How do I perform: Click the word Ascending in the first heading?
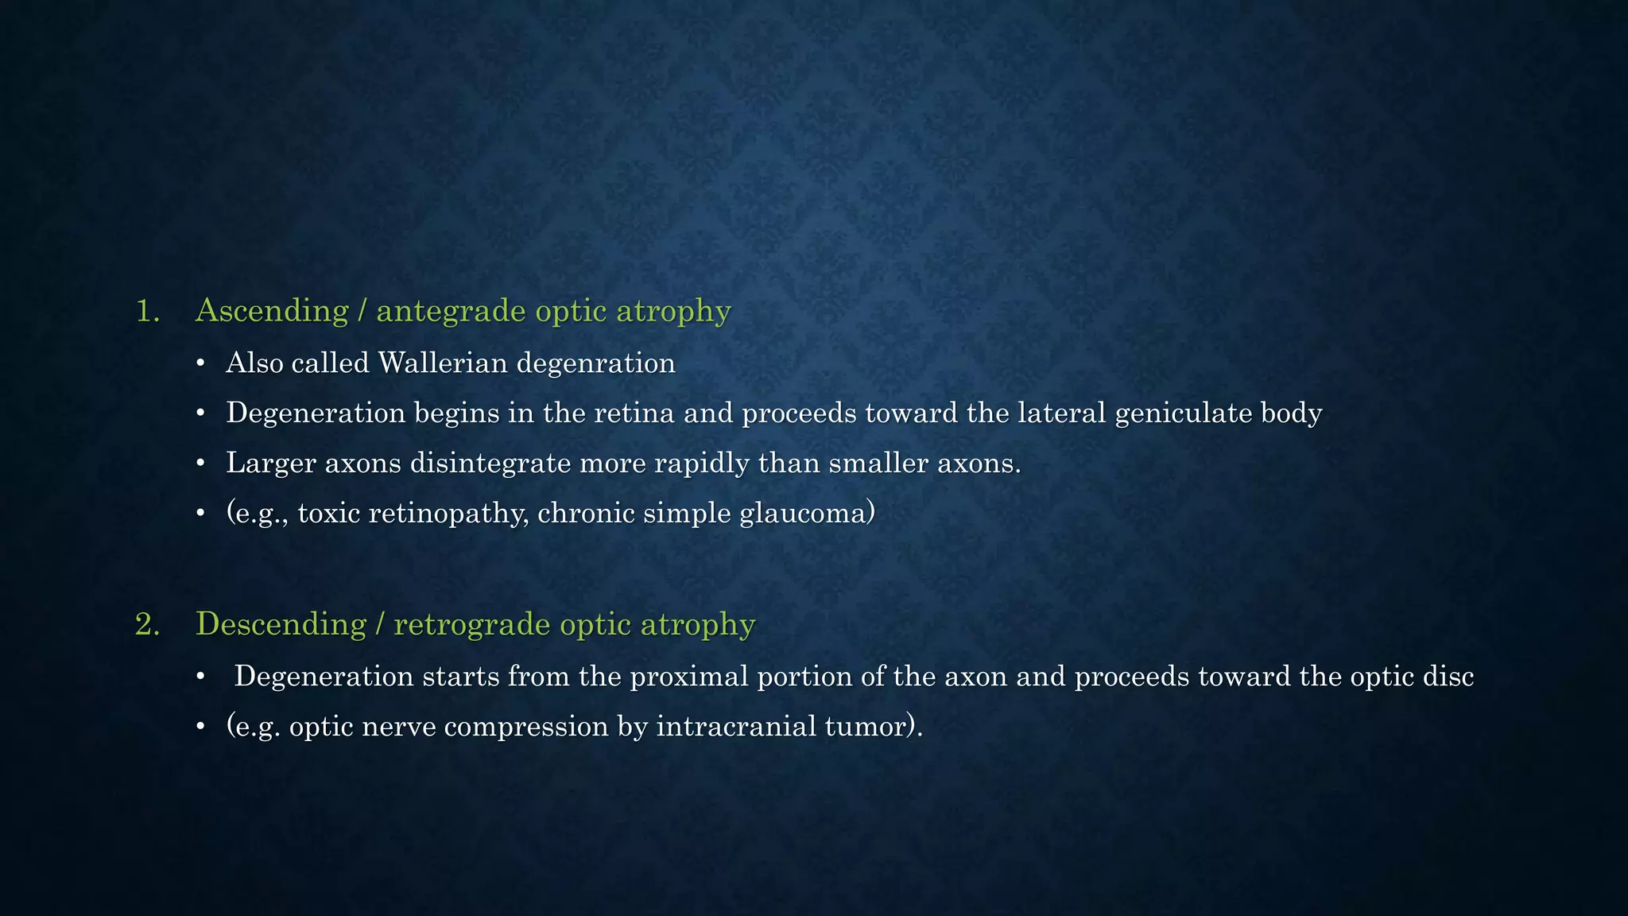[x=272, y=311]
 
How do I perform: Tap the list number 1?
[x=147, y=311]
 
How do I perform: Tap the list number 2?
[x=147, y=624]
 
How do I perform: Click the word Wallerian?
[x=443, y=363]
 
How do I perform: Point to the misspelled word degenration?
[x=596, y=363]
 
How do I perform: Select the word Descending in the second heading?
[x=281, y=624]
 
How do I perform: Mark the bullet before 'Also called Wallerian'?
[x=201, y=364]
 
